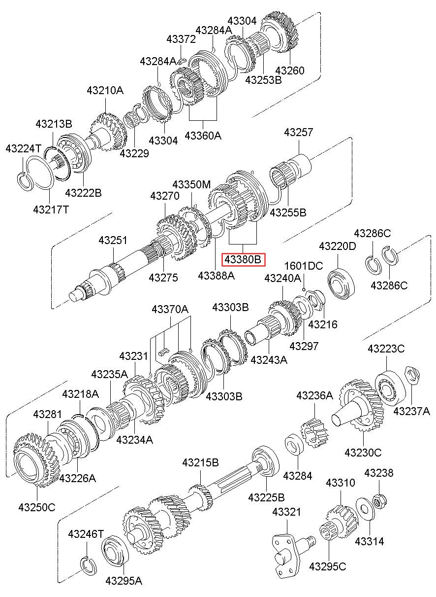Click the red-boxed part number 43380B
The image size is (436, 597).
tap(243, 259)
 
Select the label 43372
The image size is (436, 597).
tap(181, 39)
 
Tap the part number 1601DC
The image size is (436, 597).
tap(304, 266)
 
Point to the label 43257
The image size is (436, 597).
tap(299, 132)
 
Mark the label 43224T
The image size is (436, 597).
tap(24, 148)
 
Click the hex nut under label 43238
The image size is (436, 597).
tap(379, 501)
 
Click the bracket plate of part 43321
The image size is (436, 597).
tap(286, 557)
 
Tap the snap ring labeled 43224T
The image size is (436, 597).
tap(25, 182)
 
